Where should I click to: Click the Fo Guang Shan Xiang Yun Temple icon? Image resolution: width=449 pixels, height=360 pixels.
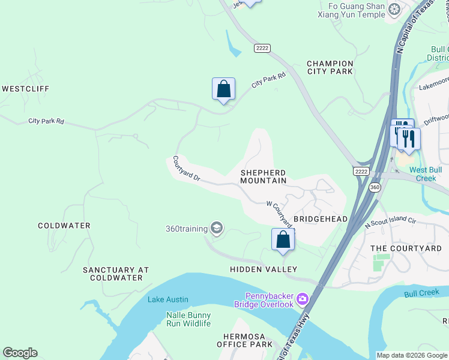pos(394,8)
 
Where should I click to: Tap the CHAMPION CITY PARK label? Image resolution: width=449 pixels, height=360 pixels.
pos(330,67)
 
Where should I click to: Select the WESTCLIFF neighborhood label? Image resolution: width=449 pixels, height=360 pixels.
pos(25,89)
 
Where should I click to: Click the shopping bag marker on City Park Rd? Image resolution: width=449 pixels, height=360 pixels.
pos(223,89)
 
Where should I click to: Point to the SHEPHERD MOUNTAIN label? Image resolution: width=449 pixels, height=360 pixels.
pos(263,177)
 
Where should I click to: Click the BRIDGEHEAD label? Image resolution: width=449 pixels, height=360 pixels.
pos(321,219)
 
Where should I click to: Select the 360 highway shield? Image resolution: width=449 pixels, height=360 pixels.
pos(375,188)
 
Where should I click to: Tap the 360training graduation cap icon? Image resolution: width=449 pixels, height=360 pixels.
pos(217,228)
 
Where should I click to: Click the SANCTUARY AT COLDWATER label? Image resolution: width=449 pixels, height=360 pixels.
pos(116,274)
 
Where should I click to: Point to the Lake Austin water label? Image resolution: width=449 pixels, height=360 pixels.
pos(168,299)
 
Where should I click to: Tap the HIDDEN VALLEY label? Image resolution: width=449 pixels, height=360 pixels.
pos(264,269)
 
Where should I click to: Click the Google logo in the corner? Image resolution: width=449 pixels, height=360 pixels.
pos(20,353)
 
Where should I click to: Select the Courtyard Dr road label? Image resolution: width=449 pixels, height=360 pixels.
pos(186,170)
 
